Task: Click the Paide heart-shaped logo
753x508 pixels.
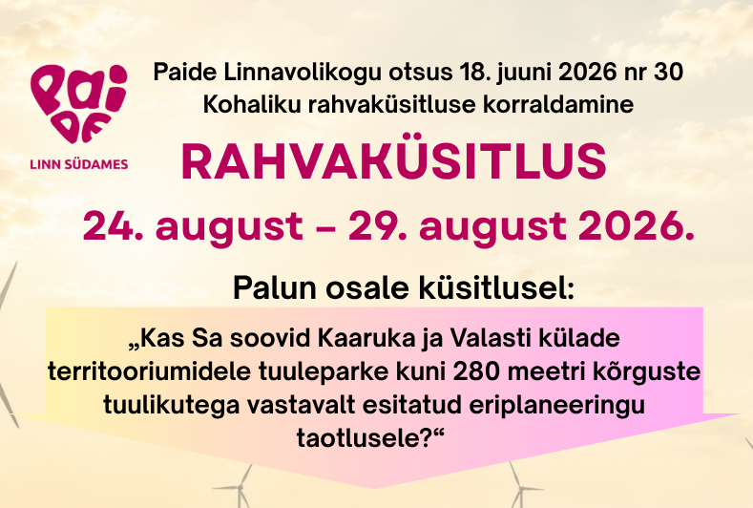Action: pyautogui.click(x=79, y=103)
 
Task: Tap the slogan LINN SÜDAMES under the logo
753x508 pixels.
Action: pyautogui.click(x=79, y=164)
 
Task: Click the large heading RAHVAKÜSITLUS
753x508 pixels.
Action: pyautogui.click(x=394, y=161)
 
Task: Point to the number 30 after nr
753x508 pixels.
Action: pyautogui.click(x=668, y=72)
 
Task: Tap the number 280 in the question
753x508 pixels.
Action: pyautogui.click(x=478, y=372)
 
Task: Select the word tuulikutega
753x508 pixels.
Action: pyautogui.click(x=172, y=405)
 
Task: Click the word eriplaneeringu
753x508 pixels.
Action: pyautogui.click(x=556, y=406)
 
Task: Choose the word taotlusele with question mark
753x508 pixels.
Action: pyautogui.click(x=369, y=438)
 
